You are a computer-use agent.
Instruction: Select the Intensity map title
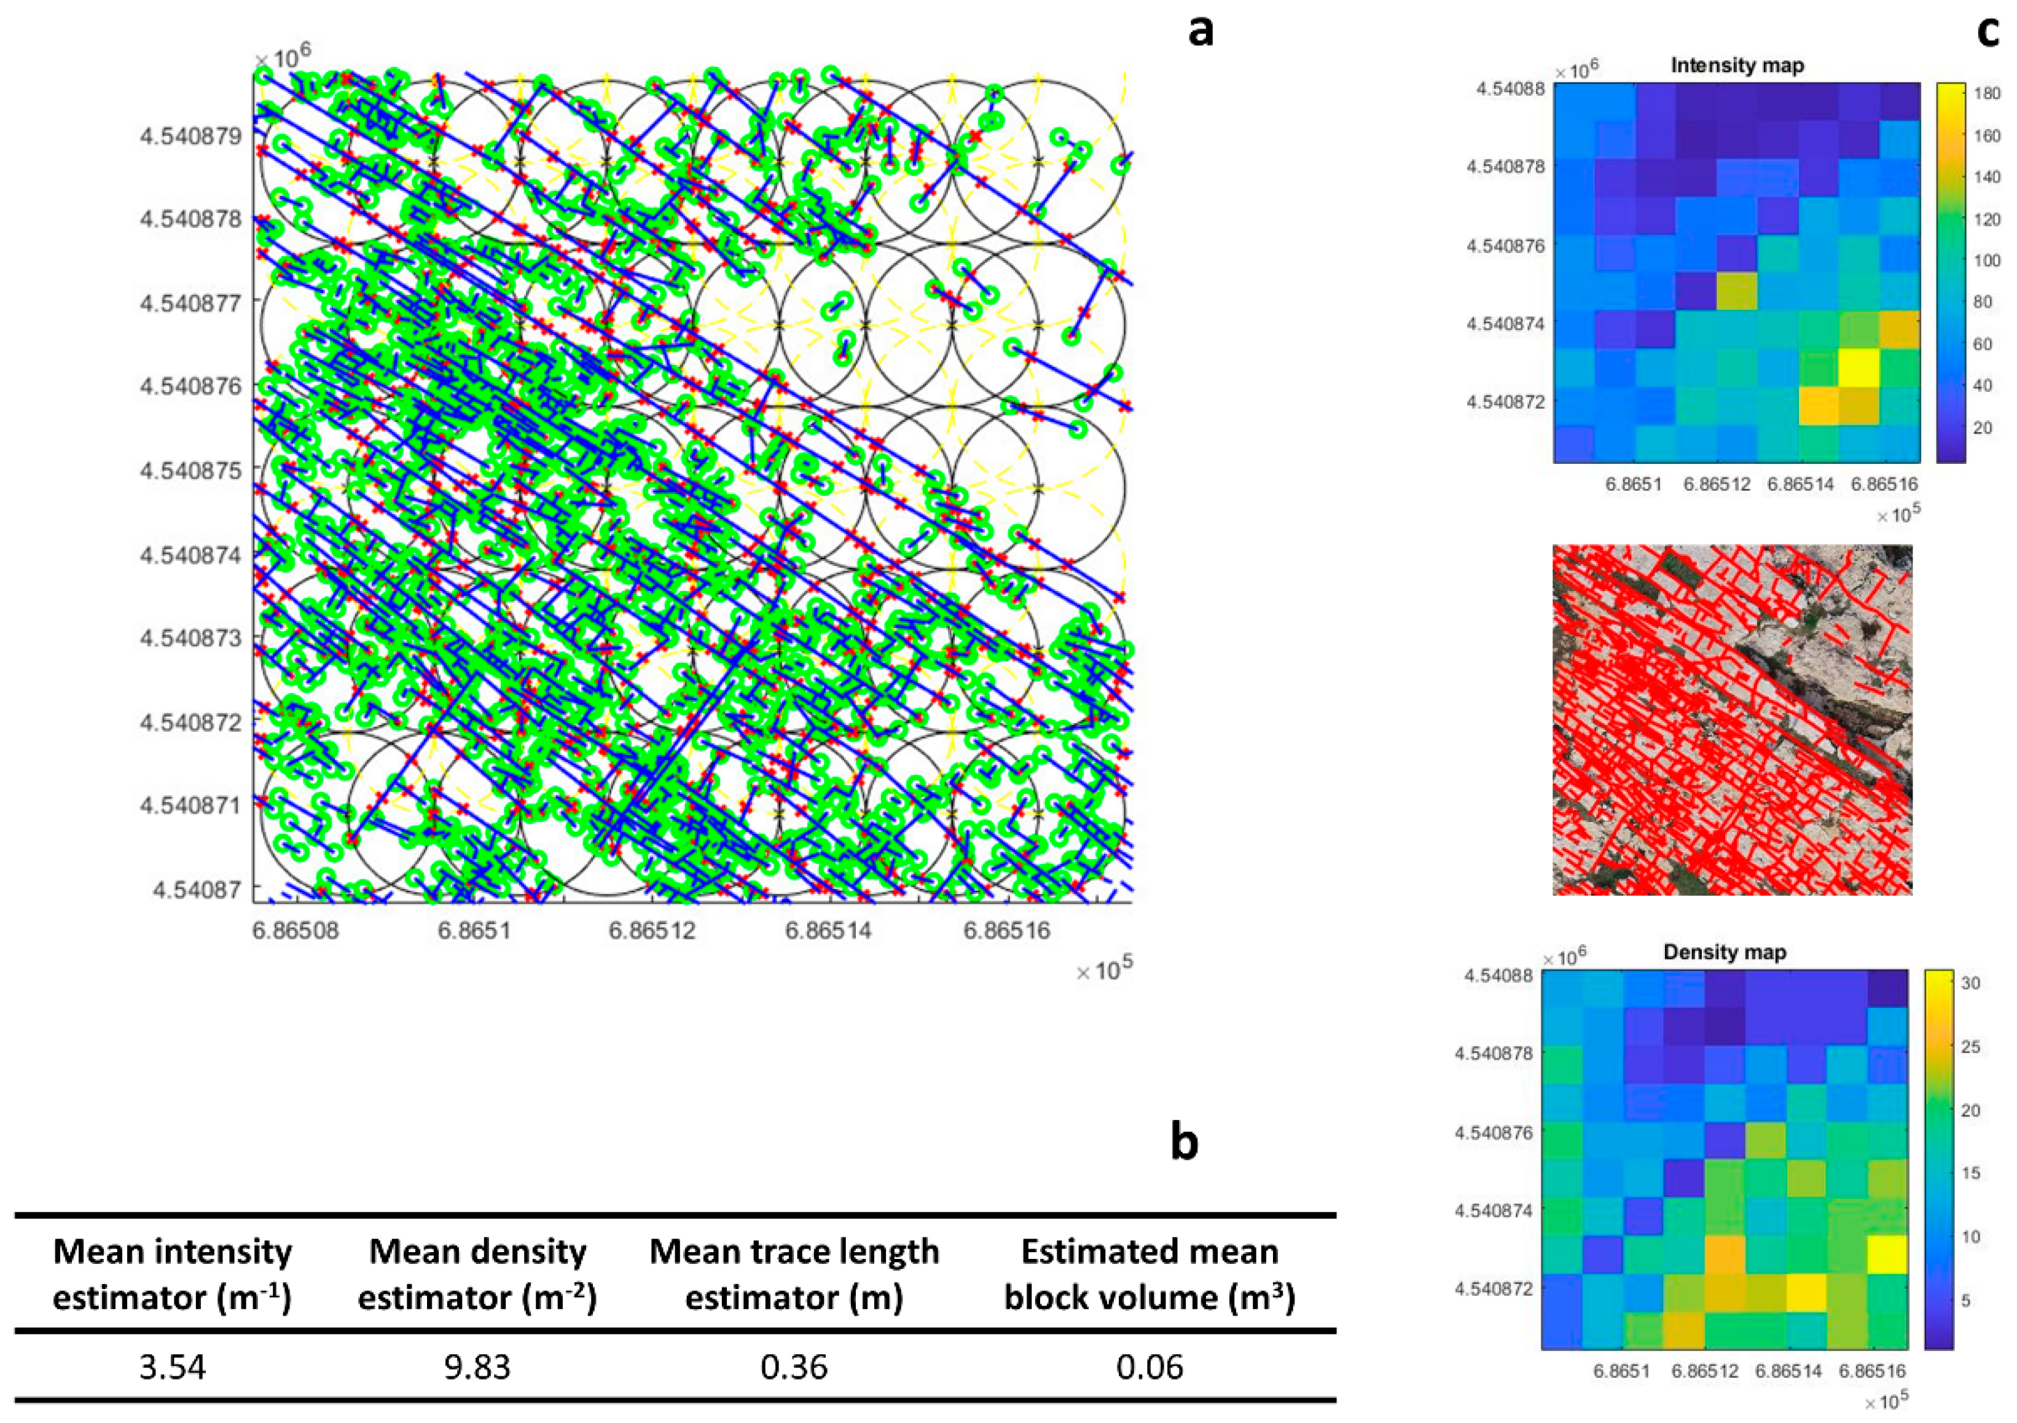point(1737,66)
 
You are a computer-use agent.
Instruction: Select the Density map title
point(1725,952)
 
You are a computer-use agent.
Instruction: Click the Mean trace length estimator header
point(794,1274)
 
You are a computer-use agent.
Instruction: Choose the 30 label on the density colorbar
point(1970,983)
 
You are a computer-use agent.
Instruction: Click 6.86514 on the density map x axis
point(1788,1371)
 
